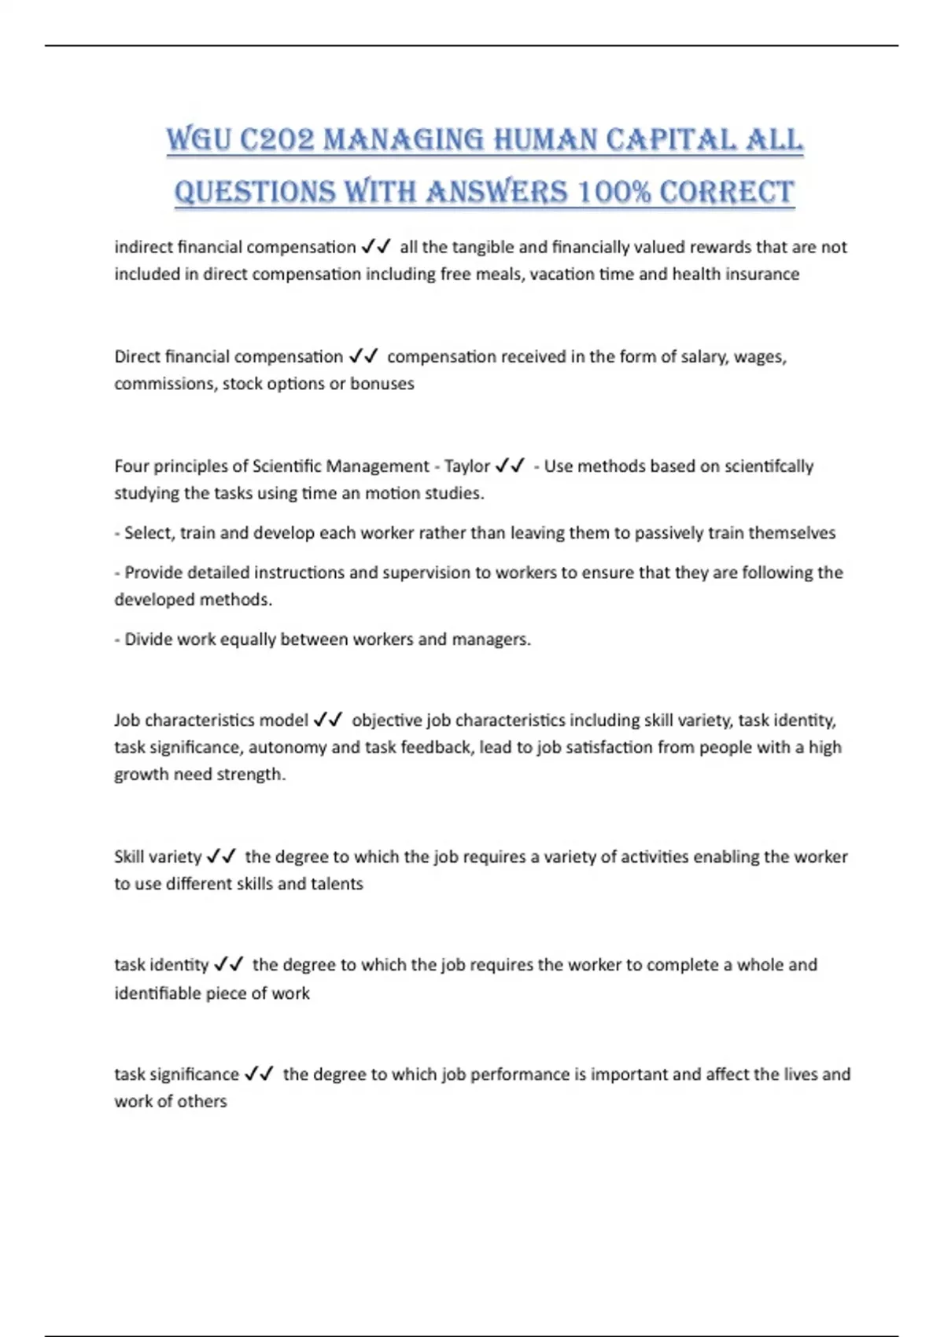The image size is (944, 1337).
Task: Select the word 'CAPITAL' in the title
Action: coord(670,140)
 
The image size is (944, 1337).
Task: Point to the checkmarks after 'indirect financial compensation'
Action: coord(376,247)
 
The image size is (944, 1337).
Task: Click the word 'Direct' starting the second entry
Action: coord(137,356)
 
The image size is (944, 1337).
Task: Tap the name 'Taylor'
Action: coord(467,466)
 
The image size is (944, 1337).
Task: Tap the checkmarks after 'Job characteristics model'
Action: coord(327,720)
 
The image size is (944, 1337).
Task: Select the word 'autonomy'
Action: coord(287,747)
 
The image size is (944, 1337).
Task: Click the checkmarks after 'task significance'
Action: coord(259,1074)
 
